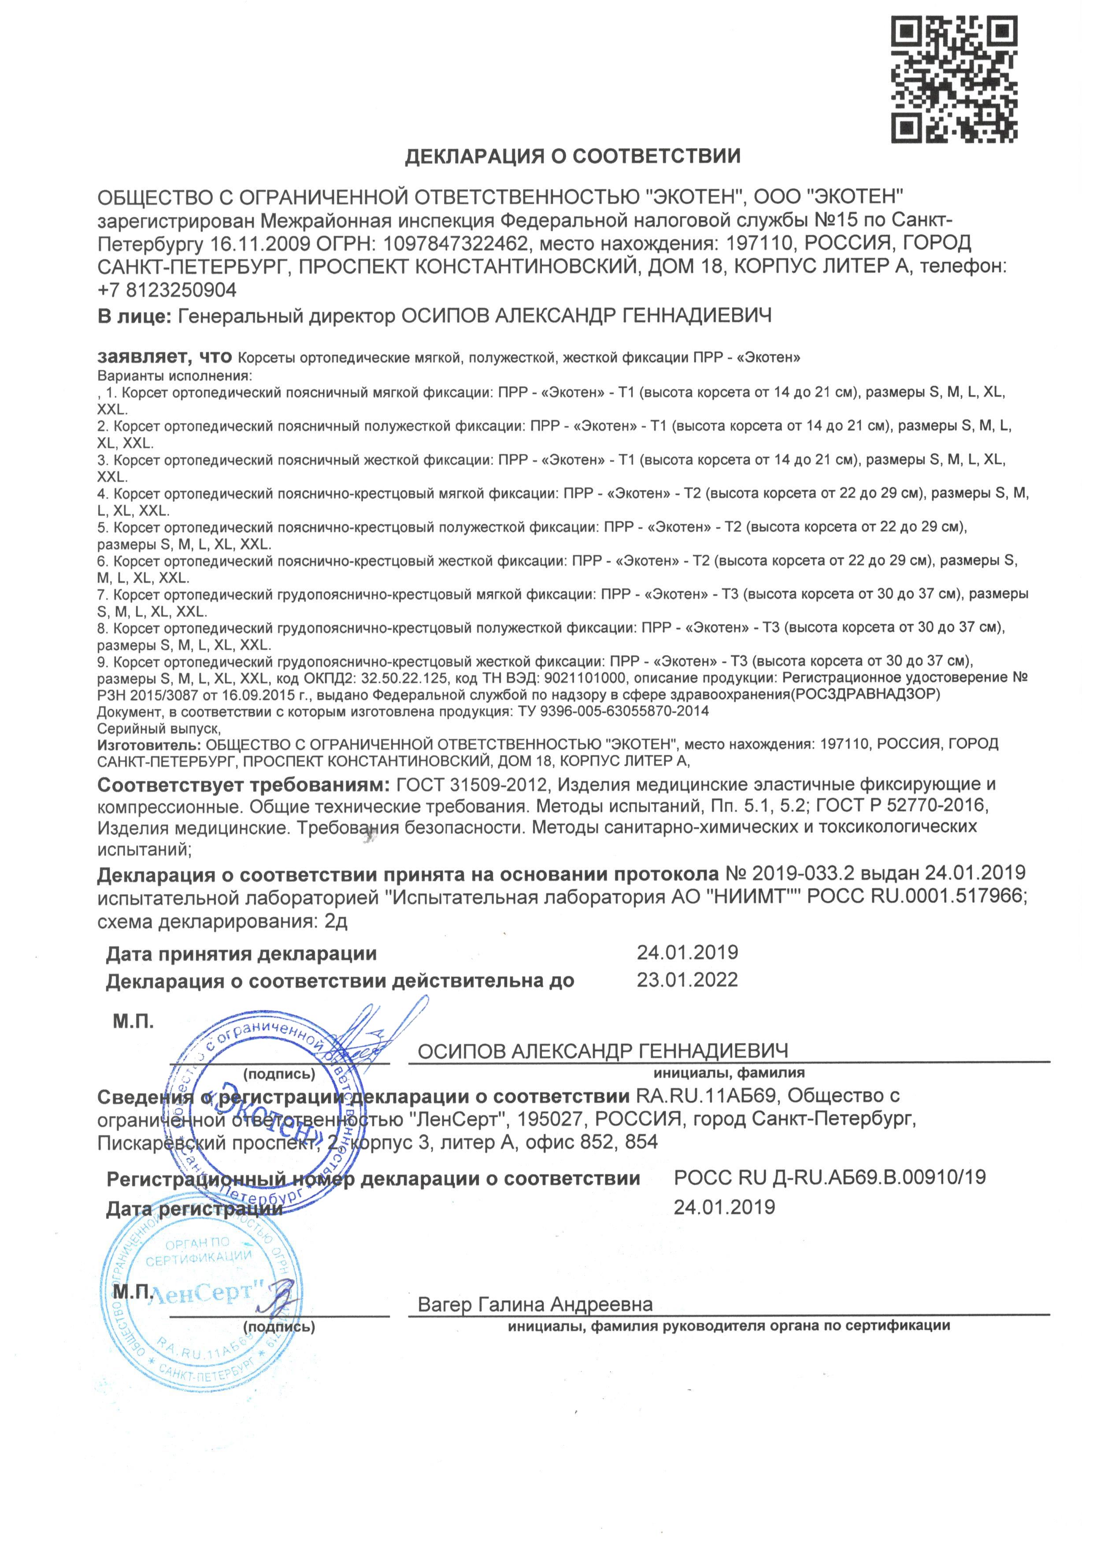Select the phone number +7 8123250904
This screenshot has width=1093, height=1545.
(x=167, y=290)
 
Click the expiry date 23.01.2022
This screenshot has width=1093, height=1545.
(x=687, y=980)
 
